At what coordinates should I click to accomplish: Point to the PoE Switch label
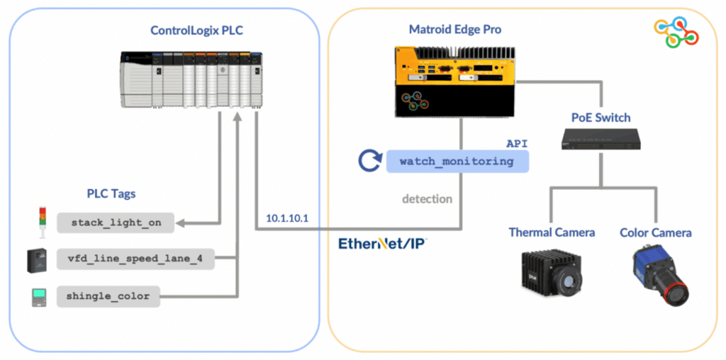[x=601, y=117]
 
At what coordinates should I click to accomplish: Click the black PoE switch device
[x=601, y=140]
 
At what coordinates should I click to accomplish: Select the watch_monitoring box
[x=457, y=161]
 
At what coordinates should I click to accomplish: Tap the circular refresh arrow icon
[x=369, y=161]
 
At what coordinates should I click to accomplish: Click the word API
[x=517, y=143]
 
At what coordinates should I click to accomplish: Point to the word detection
[x=427, y=198]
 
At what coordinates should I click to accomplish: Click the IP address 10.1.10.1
[x=287, y=218]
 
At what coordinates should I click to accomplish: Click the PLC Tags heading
[x=111, y=193]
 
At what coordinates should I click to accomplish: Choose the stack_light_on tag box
[x=116, y=223]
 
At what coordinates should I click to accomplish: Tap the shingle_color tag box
[x=108, y=296]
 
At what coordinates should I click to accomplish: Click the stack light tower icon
[x=40, y=220]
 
